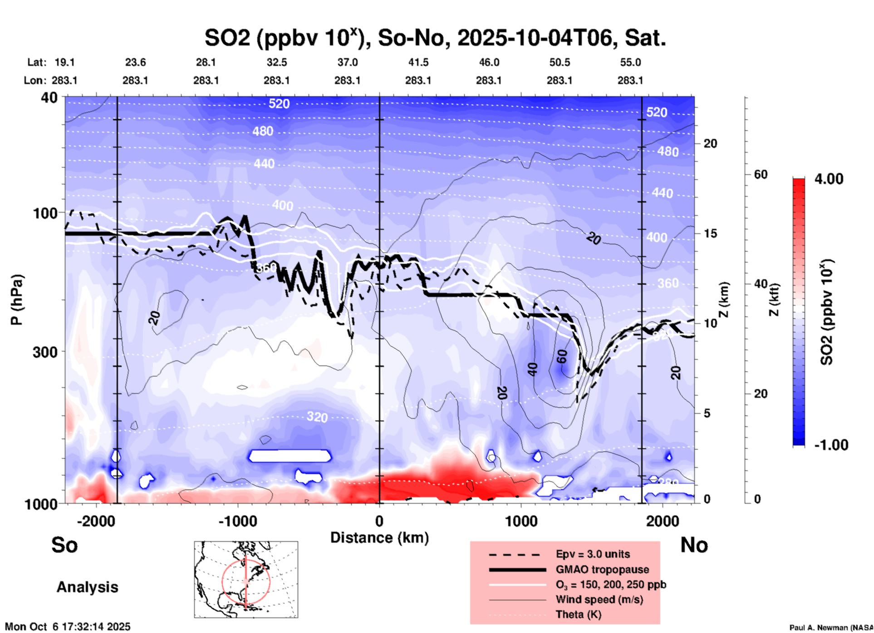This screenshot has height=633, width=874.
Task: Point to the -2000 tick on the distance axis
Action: coord(96,521)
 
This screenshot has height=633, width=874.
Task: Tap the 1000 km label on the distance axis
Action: coord(521,521)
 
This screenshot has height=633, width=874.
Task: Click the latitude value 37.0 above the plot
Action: coord(347,62)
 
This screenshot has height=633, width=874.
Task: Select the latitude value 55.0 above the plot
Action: coord(630,62)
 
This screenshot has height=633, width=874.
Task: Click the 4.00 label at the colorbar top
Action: coord(829,179)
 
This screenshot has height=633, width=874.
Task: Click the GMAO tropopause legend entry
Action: coord(602,569)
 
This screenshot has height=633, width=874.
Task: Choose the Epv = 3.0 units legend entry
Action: coord(593,554)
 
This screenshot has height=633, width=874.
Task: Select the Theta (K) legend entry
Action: coord(578,614)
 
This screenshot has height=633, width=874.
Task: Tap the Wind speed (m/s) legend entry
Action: coord(599,599)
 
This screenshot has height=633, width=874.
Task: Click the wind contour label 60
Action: coord(562,357)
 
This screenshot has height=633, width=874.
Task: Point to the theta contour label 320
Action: coord(317,416)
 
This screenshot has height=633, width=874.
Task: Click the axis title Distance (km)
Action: coord(379,538)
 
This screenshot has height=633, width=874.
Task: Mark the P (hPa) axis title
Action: coord(17,300)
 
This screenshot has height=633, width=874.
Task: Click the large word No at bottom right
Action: coord(694,545)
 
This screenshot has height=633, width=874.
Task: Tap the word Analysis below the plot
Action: coord(87,587)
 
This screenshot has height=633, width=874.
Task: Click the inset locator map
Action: coord(246,579)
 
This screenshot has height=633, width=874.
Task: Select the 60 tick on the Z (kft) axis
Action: coord(761,174)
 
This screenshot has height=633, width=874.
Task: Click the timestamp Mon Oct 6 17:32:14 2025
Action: coord(68,627)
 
